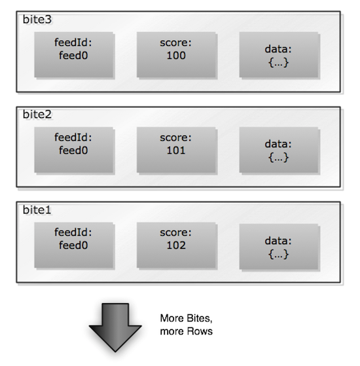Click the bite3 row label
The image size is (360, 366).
pos(37,20)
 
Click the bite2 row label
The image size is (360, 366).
pos(37,115)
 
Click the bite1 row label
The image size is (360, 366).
pos(37,210)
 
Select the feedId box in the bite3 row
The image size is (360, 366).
pos(74,54)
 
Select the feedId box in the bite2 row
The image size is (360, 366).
pos(74,150)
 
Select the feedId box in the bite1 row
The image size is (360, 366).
pos(74,245)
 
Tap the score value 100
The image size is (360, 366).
pos(176,56)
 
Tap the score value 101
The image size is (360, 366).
pos(176,151)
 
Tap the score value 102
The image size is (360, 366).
pos(176,246)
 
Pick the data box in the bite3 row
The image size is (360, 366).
pos(279,54)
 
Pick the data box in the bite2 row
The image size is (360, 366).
pos(279,150)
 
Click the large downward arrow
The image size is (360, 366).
pos(115,327)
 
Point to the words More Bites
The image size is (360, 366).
pos(186,318)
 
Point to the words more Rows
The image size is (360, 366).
pos(186,331)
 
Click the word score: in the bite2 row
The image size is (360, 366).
pos(175,137)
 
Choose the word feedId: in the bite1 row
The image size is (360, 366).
pos(73,232)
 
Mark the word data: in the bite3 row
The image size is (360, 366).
pos(278,49)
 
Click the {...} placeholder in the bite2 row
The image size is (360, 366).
pos(279,157)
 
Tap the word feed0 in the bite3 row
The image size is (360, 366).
pos(73,56)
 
